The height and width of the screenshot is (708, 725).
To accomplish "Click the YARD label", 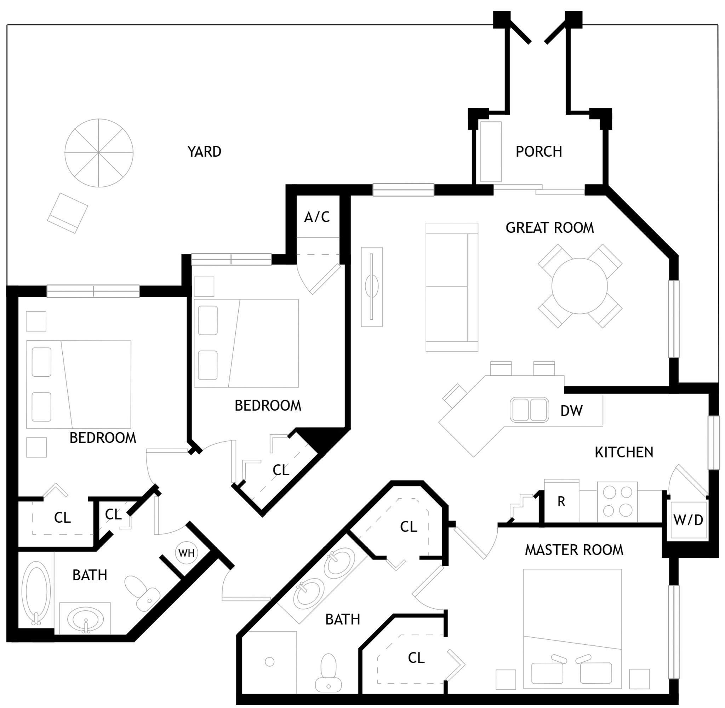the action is coord(204,152).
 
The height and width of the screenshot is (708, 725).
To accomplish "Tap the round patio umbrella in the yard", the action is coord(99,153).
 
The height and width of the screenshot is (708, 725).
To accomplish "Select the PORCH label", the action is coord(538,152).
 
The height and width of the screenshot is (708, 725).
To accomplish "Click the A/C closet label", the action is coord(317,217).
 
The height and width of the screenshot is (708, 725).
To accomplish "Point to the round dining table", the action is coord(580,286).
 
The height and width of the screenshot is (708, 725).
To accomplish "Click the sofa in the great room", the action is coord(452,287).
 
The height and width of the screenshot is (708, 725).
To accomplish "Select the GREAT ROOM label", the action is coord(550,228).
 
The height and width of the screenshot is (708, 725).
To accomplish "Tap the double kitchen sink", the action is coord(529,410).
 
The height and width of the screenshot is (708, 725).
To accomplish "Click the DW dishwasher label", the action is coord(571,411).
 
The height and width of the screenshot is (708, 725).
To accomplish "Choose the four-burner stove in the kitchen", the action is coord(617,501).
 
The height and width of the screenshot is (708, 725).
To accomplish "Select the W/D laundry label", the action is coord(688,520).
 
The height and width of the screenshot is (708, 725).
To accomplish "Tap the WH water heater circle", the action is coord(187,553).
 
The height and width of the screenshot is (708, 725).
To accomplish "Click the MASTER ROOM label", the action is coord(574,550).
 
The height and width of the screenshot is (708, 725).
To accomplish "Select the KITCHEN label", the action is coord(624,452).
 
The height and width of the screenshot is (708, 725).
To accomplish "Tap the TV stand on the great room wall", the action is coord(371,287).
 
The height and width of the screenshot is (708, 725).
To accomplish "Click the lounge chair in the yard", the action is coord(67,213).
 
